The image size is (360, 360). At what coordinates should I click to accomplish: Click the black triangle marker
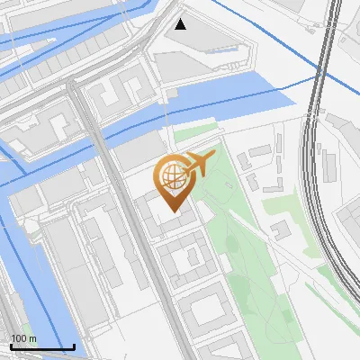click(181, 23)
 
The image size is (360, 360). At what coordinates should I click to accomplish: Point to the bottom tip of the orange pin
click(173, 212)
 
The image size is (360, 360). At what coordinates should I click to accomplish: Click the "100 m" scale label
click(24, 338)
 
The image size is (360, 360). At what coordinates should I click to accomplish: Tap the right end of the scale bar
click(74, 346)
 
